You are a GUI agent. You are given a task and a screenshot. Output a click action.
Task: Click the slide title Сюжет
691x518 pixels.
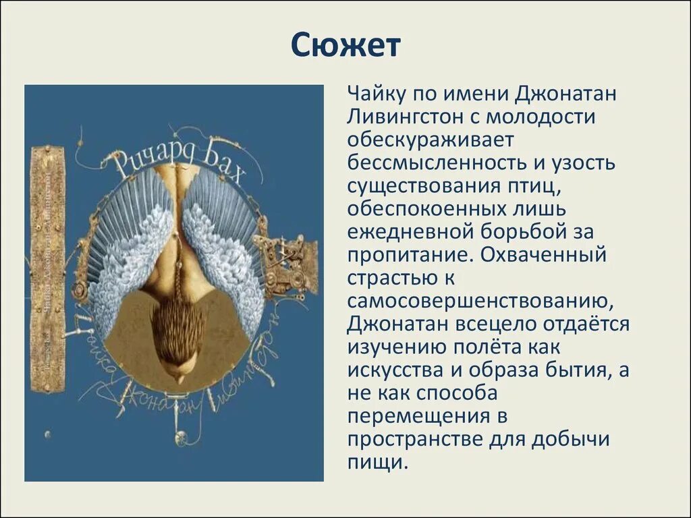point(345,46)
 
